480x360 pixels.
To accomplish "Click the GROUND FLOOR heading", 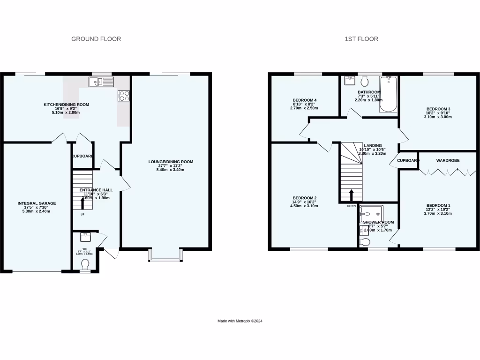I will pyautogui.click(x=96, y=39).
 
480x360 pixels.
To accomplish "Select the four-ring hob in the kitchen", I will pyautogui.click(x=124, y=96).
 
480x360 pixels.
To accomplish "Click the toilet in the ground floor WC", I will pyautogui.click(x=85, y=265).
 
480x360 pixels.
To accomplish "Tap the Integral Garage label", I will pyautogui.click(x=37, y=207).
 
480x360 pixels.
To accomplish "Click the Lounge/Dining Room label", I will pyautogui.click(x=171, y=165).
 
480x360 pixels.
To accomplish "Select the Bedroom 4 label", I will pyautogui.click(x=305, y=104).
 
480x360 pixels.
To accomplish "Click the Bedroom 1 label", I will pyautogui.click(x=438, y=209).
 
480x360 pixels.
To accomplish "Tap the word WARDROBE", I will pyautogui.click(x=448, y=160).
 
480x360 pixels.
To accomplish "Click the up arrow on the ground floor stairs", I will pyautogui.click(x=83, y=202).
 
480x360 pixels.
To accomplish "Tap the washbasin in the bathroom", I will pyautogui.click(x=349, y=81).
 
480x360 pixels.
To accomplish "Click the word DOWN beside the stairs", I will pyautogui.click(x=352, y=206).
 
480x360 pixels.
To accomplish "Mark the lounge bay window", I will pyautogui.click(x=165, y=255).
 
